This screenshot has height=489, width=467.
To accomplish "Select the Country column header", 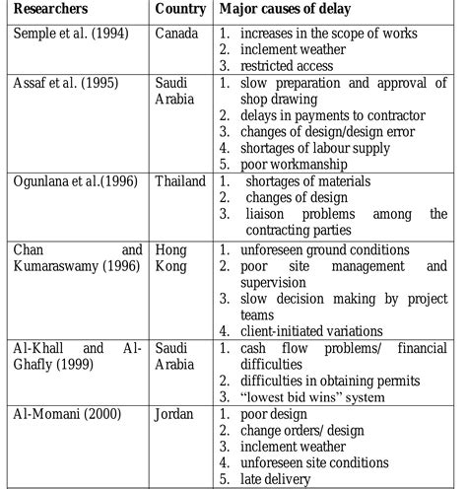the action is click(179, 9).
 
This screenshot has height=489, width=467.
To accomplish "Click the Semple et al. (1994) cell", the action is click(62, 33).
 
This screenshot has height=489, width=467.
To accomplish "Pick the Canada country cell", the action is click(177, 33).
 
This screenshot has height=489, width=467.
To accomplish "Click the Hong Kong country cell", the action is click(177, 258).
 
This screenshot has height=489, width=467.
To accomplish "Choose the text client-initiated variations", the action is click(316, 331).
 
